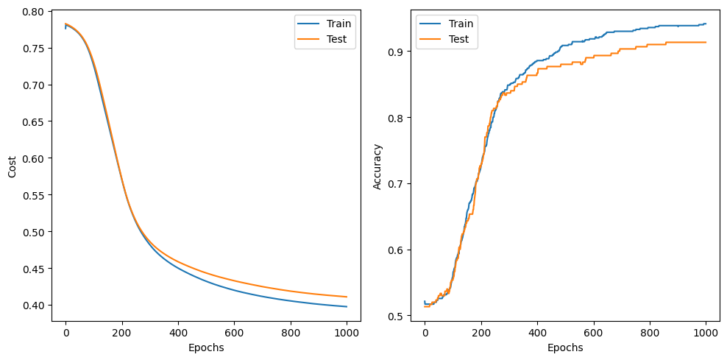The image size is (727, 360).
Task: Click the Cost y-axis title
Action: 11,166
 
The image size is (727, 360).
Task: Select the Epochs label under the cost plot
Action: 206,347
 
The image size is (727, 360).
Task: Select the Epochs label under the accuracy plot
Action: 565,347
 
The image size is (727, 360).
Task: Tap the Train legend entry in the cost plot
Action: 338,24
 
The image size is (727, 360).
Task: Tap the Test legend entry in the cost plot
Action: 336,40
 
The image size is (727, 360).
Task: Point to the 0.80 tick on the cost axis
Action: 33,12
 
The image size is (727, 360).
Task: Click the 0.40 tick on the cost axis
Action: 33,306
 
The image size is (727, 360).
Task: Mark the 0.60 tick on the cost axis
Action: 33,158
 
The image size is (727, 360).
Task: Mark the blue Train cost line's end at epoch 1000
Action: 347,306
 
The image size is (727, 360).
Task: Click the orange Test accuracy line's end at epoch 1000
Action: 706,42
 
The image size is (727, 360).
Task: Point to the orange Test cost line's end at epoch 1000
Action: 347,297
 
